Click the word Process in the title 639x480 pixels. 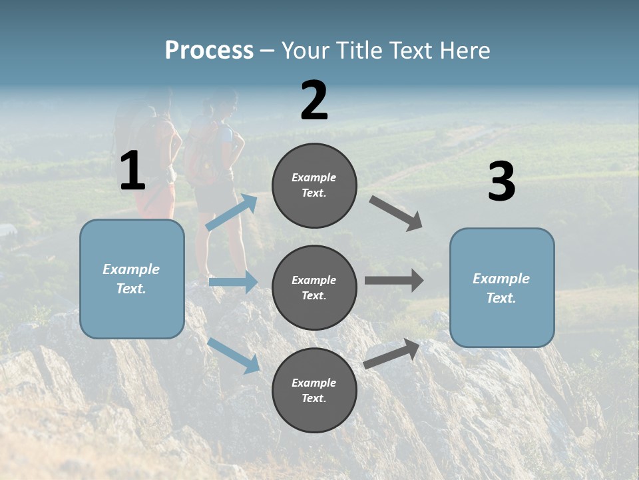(209, 51)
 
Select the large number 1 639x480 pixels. (132, 171)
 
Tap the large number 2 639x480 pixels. (314, 101)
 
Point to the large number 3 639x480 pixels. (501, 182)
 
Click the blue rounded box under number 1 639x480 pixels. (132, 279)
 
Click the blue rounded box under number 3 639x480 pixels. (502, 287)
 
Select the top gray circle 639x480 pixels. (314, 185)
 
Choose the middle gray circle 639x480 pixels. (314, 287)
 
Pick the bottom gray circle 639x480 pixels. (314, 390)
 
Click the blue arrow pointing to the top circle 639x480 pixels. (232, 212)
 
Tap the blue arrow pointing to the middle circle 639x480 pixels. (233, 282)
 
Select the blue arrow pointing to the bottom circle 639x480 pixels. (234, 355)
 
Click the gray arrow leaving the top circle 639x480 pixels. (397, 213)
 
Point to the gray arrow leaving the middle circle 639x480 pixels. (394, 281)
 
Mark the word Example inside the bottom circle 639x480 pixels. (314, 383)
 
